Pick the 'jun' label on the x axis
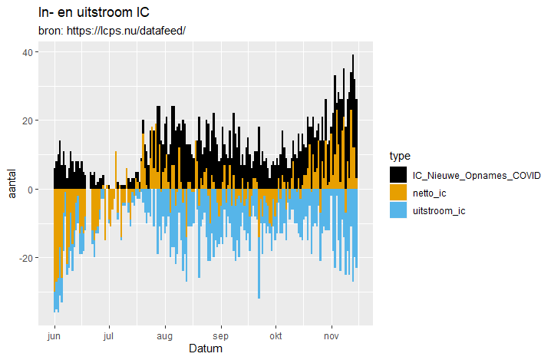click(54, 336)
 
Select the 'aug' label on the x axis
click(164, 336)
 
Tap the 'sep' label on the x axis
click(221, 336)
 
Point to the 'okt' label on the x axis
click(275, 336)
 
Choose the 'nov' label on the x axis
click(332, 336)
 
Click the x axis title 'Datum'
click(206, 349)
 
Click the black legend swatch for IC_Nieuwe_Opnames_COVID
click(398, 175)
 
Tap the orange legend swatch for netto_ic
click(398, 193)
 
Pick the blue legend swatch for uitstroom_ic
click(398, 210)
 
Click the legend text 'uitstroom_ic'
click(439, 210)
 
